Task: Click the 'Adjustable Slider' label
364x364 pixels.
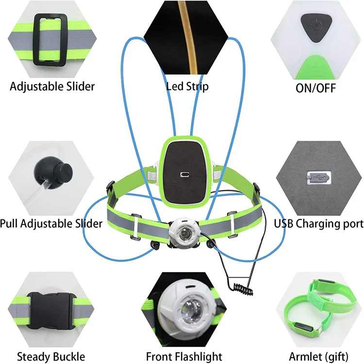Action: [52, 86]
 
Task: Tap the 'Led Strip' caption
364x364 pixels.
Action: [187, 86]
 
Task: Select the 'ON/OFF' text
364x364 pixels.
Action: [315, 87]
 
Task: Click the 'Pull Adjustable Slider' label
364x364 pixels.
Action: [51, 224]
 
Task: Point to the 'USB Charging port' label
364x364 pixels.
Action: [318, 224]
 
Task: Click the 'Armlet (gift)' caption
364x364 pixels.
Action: [317, 356]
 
